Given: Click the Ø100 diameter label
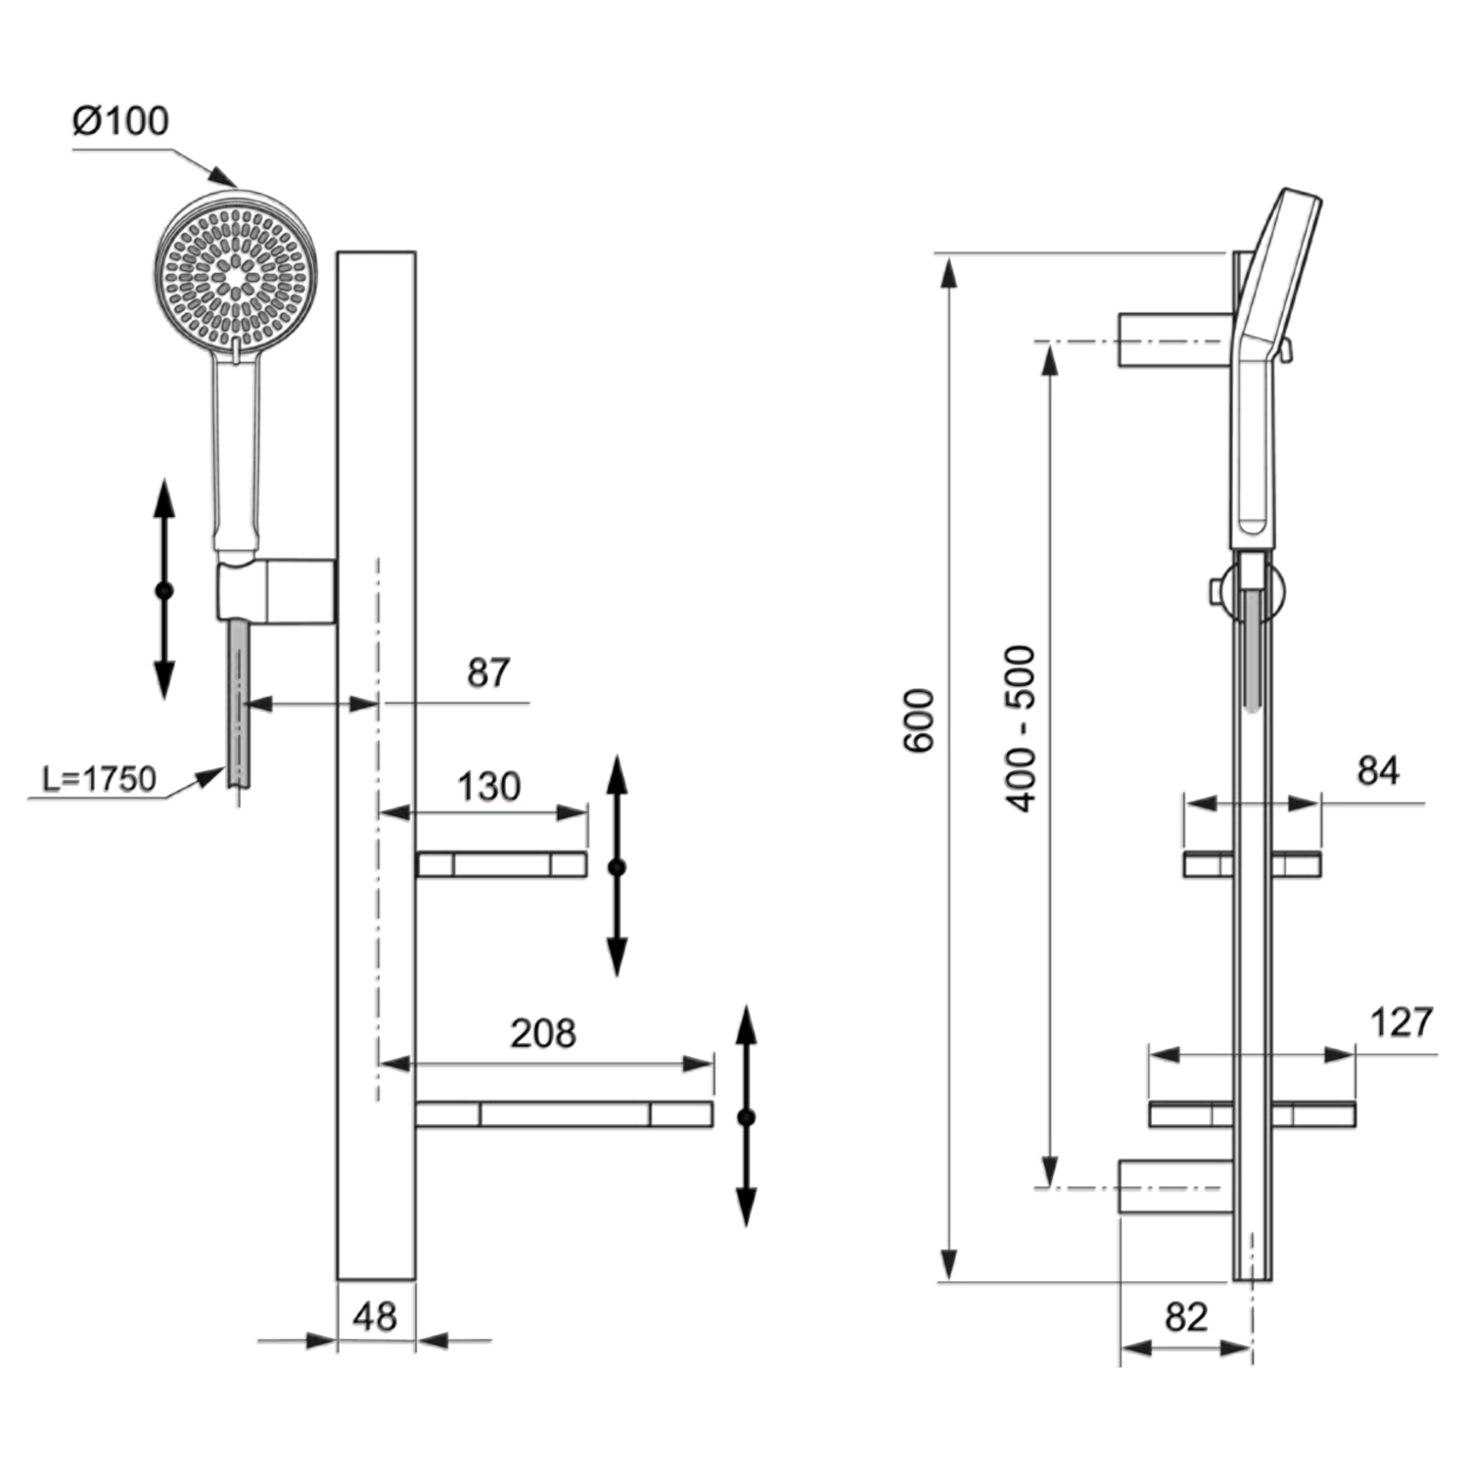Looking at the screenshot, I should pos(120,121).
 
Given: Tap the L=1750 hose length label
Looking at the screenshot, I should pos(99,779).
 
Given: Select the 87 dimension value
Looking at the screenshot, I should pos(487,673).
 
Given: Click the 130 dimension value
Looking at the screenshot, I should pos(488,787).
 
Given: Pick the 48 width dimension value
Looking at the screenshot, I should pos(375,1317).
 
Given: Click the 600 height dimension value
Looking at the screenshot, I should pos(919,720).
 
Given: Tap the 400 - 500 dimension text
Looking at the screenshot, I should pos(1021,728).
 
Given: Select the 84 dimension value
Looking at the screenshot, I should pos(1378,771).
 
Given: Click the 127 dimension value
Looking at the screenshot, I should pos(1401,1023).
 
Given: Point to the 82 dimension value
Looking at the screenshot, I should pos(1186,1317).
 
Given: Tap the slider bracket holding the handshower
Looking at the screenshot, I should pos(276,590).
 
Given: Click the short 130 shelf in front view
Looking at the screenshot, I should pos(501,865).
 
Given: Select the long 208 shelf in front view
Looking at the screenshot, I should pos(564,1115).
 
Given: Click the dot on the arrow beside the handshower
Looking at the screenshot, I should pos(164,590).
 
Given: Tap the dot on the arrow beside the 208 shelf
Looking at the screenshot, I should pos(747,1117).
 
